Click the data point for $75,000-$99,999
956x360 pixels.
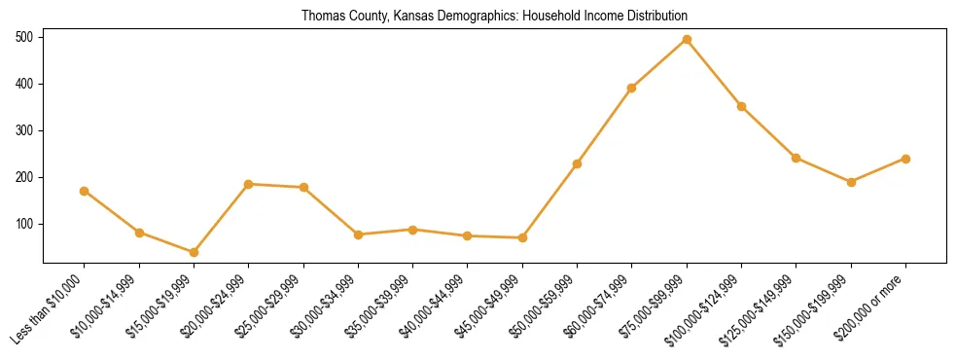tap(687, 39)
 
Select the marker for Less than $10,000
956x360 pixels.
tap(85, 191)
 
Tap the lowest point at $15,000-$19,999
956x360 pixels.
tap(194, 252)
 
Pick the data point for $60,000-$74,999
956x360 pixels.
tap(632, 88)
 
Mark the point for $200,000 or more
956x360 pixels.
tap(905, 159)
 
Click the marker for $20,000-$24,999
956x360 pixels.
tap(249, 184)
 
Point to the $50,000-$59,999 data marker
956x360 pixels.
tap(577, 163)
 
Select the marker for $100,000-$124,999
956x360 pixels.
tap(741, 106)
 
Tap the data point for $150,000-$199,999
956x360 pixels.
tap(851, 182)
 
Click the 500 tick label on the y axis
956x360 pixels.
tap(25, 37)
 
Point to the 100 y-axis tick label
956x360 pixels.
tap(25, 224)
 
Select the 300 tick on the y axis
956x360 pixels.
tap(25, 130)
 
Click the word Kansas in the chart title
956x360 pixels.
tap(414, 17)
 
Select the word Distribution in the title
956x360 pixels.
tap(655, 17)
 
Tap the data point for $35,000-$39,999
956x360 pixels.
tap(412, 230)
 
